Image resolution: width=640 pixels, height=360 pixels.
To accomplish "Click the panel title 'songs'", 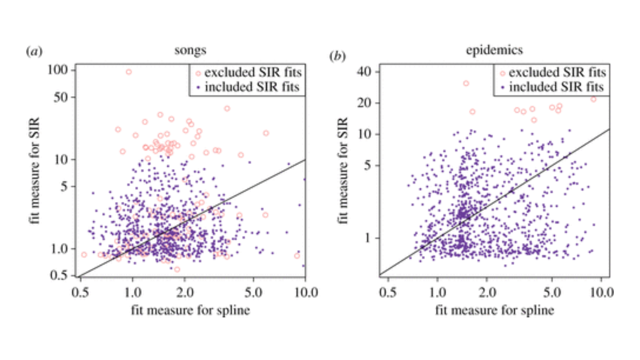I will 190,50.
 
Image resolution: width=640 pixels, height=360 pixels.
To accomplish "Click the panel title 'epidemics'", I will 494,50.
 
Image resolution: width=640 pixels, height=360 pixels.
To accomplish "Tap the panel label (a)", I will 34,52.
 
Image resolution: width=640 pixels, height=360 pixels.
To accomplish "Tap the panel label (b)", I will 337,56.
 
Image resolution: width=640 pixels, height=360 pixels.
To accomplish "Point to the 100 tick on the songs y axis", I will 58,70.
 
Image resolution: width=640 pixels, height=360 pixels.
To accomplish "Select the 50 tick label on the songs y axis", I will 61,97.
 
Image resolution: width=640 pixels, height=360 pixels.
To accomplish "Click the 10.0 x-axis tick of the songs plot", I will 306,293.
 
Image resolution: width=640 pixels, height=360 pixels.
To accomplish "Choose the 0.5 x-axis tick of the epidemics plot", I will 388,293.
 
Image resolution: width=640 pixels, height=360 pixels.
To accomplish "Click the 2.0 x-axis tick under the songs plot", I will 185,293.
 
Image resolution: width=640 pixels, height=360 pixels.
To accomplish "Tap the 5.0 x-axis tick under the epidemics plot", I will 552,293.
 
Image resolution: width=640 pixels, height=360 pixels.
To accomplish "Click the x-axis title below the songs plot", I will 190,310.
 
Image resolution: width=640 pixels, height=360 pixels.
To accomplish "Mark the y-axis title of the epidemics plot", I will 343,170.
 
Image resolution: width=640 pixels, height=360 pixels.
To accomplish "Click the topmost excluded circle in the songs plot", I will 129,72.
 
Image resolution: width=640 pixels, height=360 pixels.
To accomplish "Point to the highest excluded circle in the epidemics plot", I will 466,83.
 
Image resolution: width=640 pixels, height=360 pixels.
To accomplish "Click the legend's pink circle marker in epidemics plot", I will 503,73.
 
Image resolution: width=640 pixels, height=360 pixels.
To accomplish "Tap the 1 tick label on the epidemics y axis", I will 367,238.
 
